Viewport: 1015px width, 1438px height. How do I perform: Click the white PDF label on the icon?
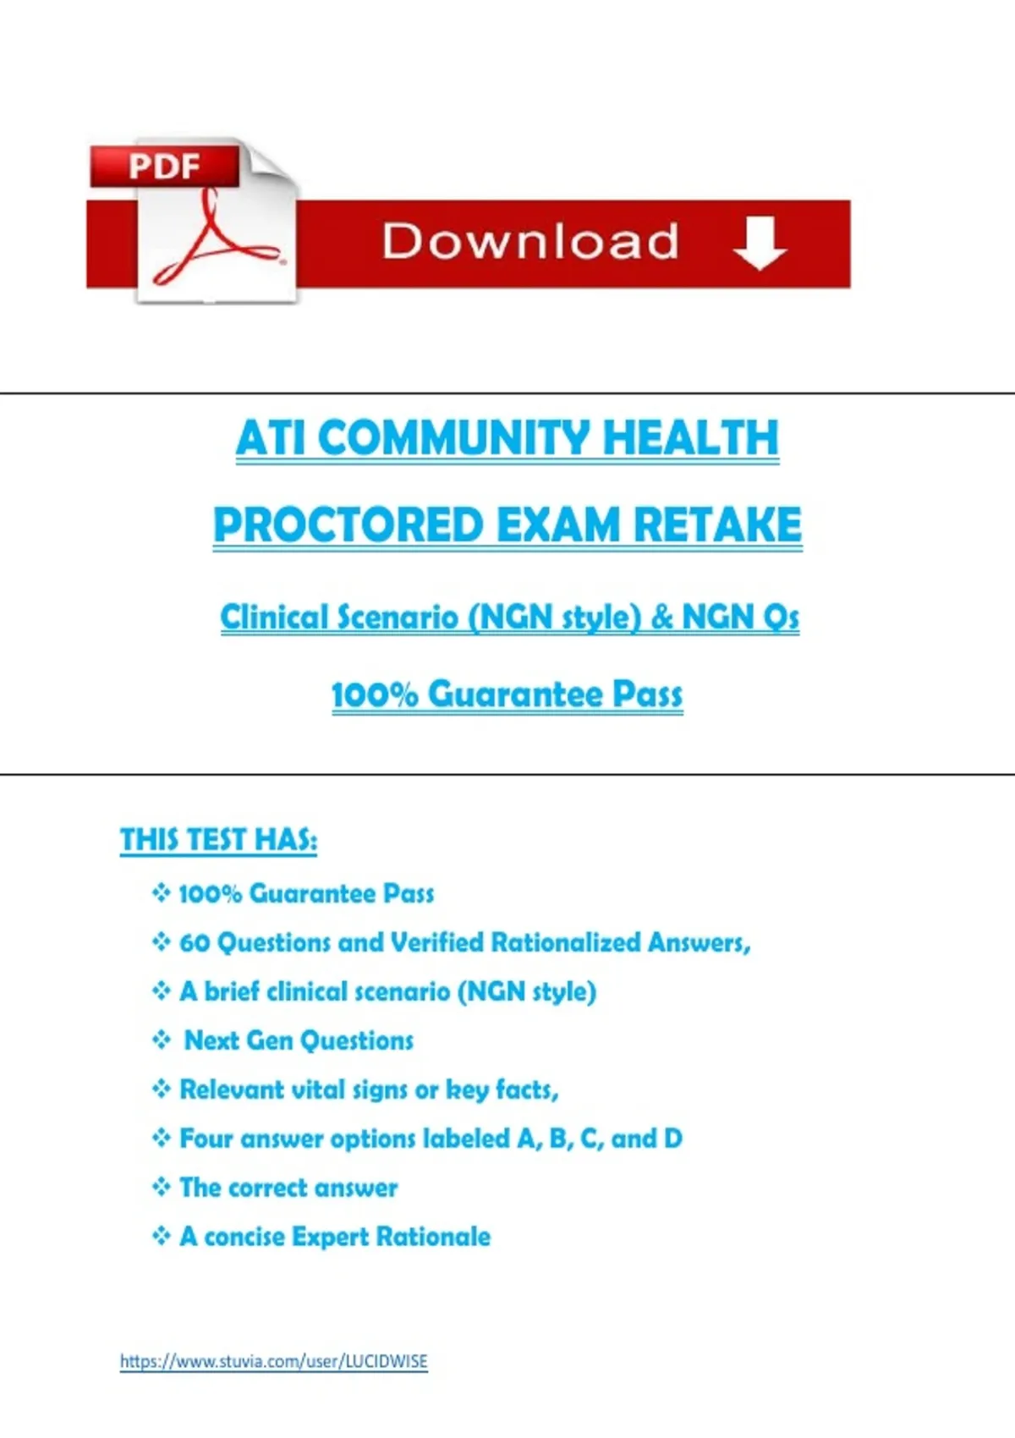[x=164, y=167]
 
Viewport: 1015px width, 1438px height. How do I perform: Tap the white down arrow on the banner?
[x=760, y=244]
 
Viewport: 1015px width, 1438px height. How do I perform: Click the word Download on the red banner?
[x=530, y=241]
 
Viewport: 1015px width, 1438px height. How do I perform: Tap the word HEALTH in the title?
[x=690, y=438]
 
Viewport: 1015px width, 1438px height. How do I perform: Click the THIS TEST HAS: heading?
[x=218, y=840]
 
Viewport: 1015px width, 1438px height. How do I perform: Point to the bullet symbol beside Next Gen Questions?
[x=162, y=1040]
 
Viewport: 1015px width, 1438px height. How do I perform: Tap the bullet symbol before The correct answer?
[x=162, y=1186]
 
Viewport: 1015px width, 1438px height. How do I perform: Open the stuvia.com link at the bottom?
[x=273, y=1362]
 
